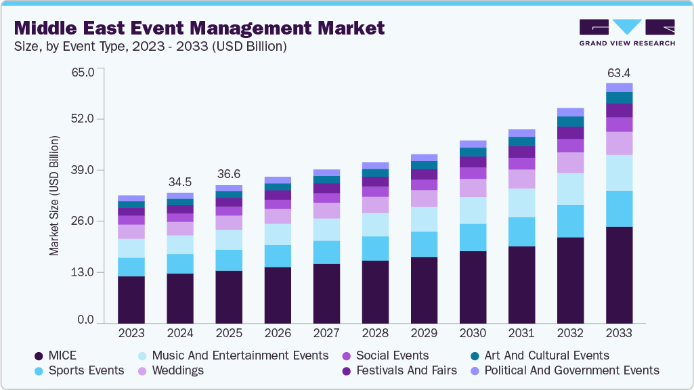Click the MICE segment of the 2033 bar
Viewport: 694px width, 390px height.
(x=619, y=275)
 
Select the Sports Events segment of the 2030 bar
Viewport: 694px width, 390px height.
(x=473, y=237)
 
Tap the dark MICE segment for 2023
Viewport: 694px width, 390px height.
(x=131, y=299)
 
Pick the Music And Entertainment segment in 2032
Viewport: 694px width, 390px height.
(x=570, y=189)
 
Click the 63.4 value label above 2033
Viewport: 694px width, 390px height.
(x=619, y=72)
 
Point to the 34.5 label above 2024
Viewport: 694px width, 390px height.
(x=179, y=182)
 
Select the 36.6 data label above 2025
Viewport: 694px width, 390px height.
(x=228, y=174)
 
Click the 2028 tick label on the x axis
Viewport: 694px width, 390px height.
(x=374, y=334)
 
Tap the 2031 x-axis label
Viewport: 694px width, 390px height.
(x=521, y=334)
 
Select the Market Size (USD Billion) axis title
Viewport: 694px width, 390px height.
(x=53, y=196)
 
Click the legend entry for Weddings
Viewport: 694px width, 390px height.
(x=178, y=370)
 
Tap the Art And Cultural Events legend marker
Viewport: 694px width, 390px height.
(x=476, y=356)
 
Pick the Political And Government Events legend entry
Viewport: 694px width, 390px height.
(x=571, y=370)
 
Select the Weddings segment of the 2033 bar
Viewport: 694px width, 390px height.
(x=619, y=143)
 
